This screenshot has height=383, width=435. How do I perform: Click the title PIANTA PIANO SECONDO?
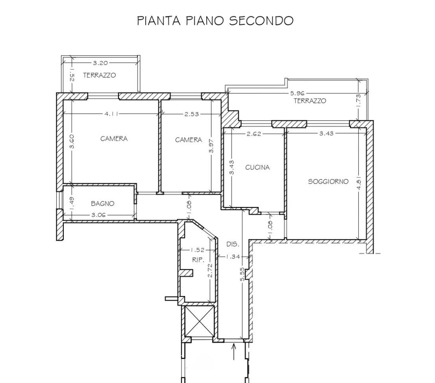(215, 20)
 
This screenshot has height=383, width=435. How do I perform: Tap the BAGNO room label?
(103, 203)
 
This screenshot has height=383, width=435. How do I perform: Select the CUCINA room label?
(257, 168)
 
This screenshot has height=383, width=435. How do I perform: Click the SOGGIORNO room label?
(328, 182)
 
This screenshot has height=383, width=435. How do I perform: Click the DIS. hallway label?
(233, 244)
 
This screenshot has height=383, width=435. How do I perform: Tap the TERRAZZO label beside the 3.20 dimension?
(99, 75)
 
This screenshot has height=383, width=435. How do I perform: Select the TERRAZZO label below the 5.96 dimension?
(310, 101)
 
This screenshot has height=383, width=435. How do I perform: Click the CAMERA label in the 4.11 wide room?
(114, 139)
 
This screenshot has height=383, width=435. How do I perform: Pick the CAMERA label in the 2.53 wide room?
(188, 140)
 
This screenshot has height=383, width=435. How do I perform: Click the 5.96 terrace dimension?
(297, 93)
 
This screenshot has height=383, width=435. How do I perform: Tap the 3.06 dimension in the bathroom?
(99, 215)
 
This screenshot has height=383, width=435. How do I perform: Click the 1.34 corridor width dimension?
(233, 257)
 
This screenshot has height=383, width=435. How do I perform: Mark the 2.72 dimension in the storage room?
(210, 270)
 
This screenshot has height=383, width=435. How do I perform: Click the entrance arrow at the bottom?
(234, 351)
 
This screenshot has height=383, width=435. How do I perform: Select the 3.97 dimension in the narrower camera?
(212, 146)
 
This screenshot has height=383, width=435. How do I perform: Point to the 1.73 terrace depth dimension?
(358, 100)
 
